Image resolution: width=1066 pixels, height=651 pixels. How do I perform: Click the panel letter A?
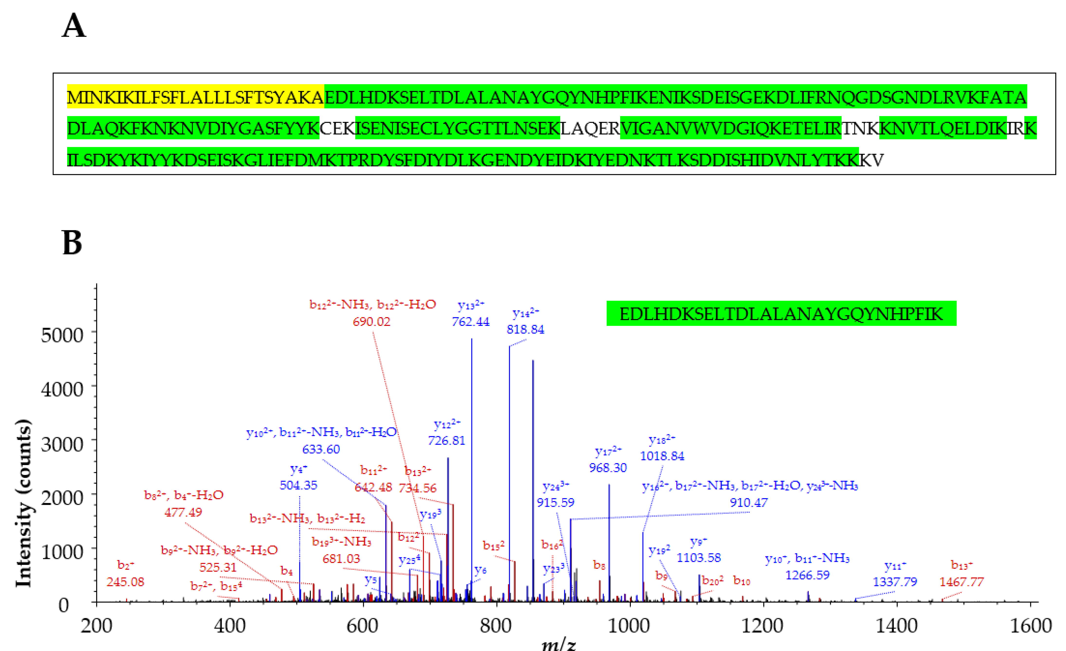[74, 26]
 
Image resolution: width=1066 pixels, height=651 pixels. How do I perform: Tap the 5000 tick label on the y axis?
[62, 335]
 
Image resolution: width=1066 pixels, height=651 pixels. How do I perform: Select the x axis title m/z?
[559, 644]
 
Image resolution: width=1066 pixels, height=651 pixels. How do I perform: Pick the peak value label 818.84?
[525, 330]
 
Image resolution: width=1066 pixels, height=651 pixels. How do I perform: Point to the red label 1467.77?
[961, 582]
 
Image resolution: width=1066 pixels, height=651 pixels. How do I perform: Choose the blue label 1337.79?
[895, 582]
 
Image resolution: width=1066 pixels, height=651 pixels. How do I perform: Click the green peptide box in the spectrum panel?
[781, 314]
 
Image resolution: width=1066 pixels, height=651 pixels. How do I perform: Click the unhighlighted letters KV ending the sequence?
[871, 160]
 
